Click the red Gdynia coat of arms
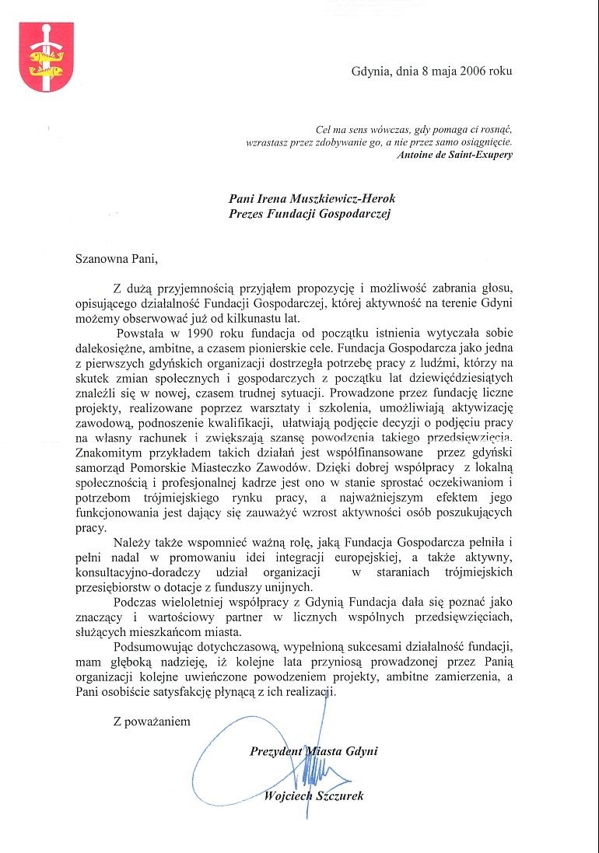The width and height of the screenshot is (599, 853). (46, 58)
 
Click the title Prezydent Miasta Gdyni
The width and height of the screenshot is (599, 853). (314, 751)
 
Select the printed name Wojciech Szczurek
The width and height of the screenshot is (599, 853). (314, 795)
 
